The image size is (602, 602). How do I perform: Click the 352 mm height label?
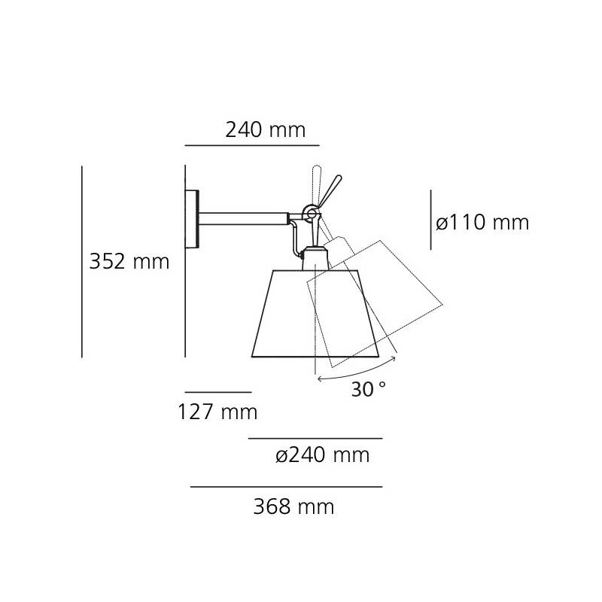point(129,262)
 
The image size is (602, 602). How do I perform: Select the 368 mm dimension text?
point(293,506)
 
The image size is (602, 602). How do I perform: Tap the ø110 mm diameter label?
point(482,222)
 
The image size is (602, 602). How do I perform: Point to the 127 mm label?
point(217,412)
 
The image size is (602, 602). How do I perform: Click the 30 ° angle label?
point(369,389)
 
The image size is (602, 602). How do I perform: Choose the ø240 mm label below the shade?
point(323,455)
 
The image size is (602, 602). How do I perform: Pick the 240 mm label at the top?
point(266,129)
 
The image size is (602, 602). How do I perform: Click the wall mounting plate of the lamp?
point(192,219)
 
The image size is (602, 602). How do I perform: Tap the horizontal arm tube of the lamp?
point(243,219)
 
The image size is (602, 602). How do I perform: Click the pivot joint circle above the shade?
point(312,213)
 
